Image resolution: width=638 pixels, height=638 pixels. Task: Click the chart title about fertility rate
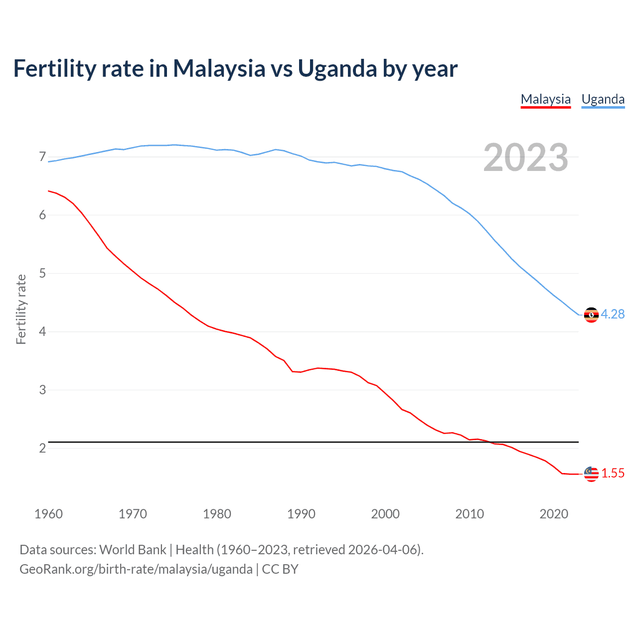(x=235, y=69)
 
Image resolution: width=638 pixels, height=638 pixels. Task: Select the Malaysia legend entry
(x=545, y=99)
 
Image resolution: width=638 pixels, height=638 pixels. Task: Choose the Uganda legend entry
(x=603, y=99)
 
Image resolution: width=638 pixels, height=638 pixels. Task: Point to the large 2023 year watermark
(x=525, y=158)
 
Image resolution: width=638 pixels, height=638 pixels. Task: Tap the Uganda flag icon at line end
(x=591, y=315)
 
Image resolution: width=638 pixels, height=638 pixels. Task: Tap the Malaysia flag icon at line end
(x=591, y=474)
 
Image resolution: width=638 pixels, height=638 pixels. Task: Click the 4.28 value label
(x=613, y=314)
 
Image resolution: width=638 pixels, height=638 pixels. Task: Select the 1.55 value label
(x=613, y=473)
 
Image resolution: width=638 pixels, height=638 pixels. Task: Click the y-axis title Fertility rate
(x=21, y=309)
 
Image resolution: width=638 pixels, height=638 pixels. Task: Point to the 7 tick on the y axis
(x=42, y=157)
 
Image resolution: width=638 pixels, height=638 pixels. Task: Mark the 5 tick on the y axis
(x=42, y=273)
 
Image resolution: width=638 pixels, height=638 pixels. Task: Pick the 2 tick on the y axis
(x=42, y=448)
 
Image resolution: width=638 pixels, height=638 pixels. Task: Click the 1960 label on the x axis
(x=48, y=514)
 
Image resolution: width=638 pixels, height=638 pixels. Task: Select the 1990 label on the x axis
(x=301, y=514)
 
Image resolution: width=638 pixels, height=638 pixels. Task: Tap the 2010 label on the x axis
(x=470, y=514)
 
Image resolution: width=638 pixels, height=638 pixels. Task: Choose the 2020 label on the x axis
(x=554, y=514)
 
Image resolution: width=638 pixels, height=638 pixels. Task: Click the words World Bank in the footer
(x=133, y=550)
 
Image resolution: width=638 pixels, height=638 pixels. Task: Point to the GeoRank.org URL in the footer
(x=136, y=569)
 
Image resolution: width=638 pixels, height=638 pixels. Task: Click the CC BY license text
(x=280, y=569)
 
